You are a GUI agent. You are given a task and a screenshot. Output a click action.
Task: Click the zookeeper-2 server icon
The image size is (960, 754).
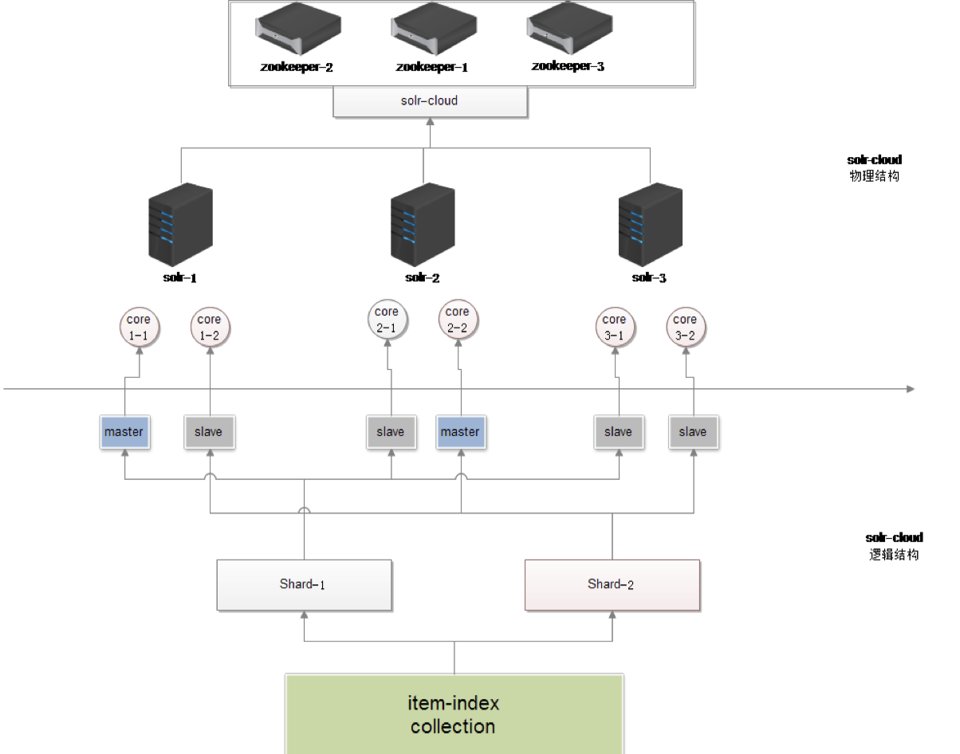point(296,29)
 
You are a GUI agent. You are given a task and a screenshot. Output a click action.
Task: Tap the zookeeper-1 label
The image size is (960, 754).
point(431,67)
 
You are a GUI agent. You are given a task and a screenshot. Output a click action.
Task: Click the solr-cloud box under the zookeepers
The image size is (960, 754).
point(430,102)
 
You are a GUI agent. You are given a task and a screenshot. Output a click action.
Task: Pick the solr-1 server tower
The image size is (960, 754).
point(182,226)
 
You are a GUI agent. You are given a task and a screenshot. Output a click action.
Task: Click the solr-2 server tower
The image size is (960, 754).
point(423,226)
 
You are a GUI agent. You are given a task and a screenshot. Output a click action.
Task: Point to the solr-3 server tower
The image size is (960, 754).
point(651,226)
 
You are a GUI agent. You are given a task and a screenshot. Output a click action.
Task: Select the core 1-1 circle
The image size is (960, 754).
point(139,328)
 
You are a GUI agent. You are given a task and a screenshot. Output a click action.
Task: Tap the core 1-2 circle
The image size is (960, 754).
point(209,328)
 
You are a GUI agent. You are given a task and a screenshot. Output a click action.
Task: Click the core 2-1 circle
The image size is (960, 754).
point(387,320)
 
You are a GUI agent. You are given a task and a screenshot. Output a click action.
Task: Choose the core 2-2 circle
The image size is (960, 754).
point(458,320)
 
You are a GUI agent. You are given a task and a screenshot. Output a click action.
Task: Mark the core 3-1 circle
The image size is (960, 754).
point(615,328)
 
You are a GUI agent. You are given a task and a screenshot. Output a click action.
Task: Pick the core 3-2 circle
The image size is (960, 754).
point(686,328)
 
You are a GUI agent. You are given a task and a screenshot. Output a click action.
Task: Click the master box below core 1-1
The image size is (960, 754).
point(124,432)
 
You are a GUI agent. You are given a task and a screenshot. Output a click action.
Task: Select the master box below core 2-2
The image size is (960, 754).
point(460,432)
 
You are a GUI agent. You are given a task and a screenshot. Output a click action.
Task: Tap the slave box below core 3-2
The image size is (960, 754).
point(693,432)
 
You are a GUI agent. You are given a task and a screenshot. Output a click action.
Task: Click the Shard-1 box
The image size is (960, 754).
point(304,585)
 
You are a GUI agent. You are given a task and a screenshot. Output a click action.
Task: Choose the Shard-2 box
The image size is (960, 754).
point(612,585)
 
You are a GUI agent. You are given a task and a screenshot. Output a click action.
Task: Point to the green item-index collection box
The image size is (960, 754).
point(454,714)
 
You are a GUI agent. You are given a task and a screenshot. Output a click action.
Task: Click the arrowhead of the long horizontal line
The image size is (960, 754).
point(911,389)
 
